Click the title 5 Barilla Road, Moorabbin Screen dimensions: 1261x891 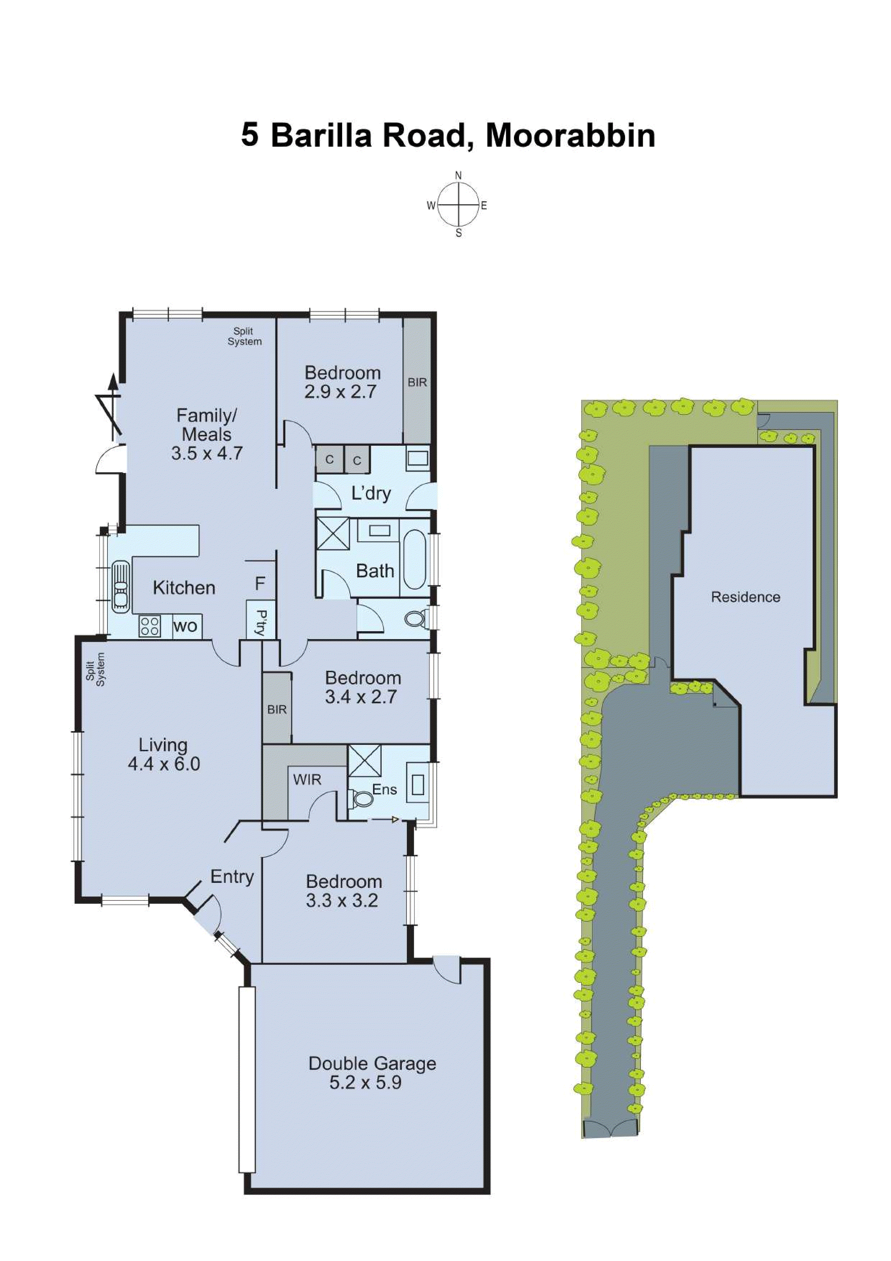[x=447, y=135]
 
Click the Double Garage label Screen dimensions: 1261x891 [x=372, y=1063]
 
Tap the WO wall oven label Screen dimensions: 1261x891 [x=185, y=626]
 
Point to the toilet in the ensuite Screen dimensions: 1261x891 [x=362, y=799]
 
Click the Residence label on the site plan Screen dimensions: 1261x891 [x=745, y=597]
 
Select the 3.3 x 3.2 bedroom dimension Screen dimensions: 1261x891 [x=342, y=901]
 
